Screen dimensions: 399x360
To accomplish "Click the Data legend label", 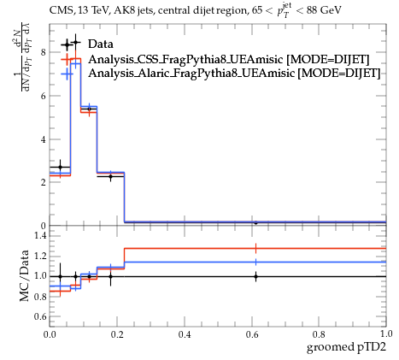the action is pos(101,44).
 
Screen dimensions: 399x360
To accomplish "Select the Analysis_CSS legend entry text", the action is pos(229,59).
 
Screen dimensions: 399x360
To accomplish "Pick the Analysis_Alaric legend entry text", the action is pos(234,73).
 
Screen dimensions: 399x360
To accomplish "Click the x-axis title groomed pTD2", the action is pos(346,347).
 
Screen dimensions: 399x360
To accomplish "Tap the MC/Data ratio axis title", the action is pos(24,275).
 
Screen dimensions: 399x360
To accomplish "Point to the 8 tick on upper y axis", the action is pos(44,52).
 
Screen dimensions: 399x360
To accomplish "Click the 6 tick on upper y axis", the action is pos(44,96).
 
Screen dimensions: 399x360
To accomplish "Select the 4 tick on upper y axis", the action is pos(44,139).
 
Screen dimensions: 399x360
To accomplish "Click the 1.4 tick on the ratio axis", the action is pos(40,235).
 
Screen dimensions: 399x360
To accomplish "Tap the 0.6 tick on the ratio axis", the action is pos(40,316).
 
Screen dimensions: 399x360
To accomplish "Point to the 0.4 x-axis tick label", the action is pos(185,334).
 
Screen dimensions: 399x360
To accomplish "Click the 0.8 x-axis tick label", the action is pos(319,334).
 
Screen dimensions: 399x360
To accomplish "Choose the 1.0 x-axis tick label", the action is pos(386,333).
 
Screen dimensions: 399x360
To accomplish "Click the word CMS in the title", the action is pos(59,11).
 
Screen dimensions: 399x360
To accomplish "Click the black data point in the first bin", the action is pos(60,167).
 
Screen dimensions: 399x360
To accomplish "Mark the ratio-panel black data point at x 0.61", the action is pos(255,276).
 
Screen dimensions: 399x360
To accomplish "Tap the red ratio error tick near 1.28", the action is pos(255,249).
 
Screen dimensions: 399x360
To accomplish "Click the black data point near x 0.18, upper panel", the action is pos(110,177).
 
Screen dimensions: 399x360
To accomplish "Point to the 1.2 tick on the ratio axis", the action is pos(40,256).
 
